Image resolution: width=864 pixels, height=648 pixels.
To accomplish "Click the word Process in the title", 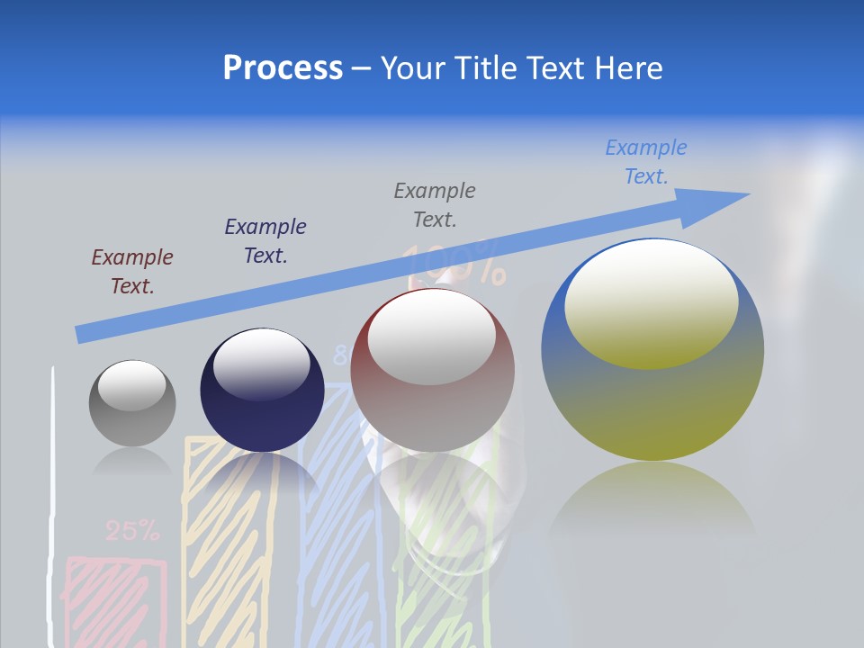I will coord(283,68).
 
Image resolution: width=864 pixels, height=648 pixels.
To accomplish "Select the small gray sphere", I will coord(132,403).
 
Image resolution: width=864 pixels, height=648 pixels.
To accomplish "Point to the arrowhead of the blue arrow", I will coord(720,202).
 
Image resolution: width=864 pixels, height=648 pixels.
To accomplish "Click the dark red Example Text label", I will coord(132,272).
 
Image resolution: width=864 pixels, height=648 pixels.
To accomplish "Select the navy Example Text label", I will coord(265,241).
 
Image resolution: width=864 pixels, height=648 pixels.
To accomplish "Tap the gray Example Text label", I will coord(435,205).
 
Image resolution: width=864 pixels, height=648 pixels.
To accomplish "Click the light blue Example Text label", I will coord(646,162).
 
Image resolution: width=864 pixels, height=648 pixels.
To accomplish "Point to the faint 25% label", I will coord(132,532).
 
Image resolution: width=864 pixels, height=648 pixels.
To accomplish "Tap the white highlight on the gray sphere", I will coord(131,384).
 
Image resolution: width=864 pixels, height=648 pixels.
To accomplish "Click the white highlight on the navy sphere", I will coord(262,364).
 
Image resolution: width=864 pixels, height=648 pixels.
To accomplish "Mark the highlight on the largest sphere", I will coord(651,304).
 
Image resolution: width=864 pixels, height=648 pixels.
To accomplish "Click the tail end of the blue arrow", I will coord(81,335).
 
